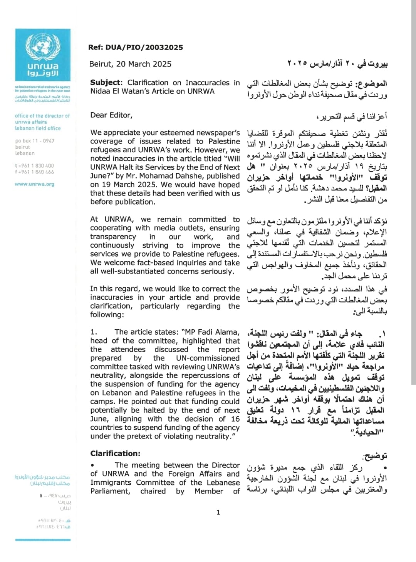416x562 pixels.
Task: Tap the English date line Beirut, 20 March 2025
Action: click(x=130, y=64)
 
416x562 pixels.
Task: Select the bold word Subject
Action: click(x=105, y=83)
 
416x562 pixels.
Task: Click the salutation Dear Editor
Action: click(x=111, y=115)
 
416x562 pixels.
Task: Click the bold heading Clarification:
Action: click(x=115, y=454)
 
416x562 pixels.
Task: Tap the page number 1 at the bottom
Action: click(x=218, y=512)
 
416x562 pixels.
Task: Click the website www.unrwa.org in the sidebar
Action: click(x=34, y=184)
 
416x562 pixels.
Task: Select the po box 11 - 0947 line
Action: click(x=35, y=141)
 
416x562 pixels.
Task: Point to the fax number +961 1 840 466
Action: click(x=35, y=172)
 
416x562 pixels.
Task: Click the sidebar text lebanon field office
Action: click(x=38, y=128)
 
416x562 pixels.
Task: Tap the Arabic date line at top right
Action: click(x=337, y=64)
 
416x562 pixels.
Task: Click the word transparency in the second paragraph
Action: click(x=113, y=237)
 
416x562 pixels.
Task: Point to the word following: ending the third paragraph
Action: click(x=107, y=315)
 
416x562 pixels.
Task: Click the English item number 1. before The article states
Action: click(x=94, y=332)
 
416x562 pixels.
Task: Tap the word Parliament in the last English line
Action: click(x=109, y=491)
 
